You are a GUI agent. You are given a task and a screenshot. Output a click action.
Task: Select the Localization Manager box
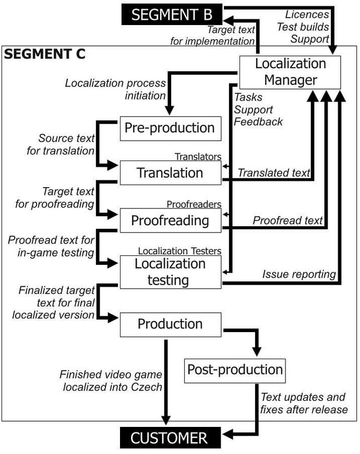(x=290, y=72)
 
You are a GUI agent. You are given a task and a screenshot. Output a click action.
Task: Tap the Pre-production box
(x=170, y=128)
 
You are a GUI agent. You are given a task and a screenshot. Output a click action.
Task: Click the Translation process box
(x=170, y=173)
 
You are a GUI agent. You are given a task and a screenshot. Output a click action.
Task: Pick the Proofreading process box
(x=170, y=220)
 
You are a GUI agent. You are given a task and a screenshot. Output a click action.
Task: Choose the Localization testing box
(x=170, y=272)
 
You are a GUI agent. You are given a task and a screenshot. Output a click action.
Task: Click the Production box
(x=170, y=324)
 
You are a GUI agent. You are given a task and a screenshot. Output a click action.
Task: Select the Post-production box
(x=235, y=370)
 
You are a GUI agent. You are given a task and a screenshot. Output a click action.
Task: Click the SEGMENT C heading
(x=45, y=55)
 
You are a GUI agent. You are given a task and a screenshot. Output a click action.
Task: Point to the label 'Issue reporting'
(x=298, y=274)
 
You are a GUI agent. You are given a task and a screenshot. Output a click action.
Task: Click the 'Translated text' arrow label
(x=274, y=173)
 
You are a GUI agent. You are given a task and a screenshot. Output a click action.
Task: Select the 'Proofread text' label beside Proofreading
(x=287, y=220)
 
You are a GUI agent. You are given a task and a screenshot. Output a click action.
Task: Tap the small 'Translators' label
(x=198, y=156)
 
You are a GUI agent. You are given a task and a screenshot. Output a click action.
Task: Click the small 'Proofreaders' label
(x=194, y=204)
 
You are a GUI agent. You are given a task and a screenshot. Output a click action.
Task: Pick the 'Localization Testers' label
(x=179, y=251)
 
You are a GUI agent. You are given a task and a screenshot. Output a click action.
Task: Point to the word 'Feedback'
(x=258, y=122)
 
